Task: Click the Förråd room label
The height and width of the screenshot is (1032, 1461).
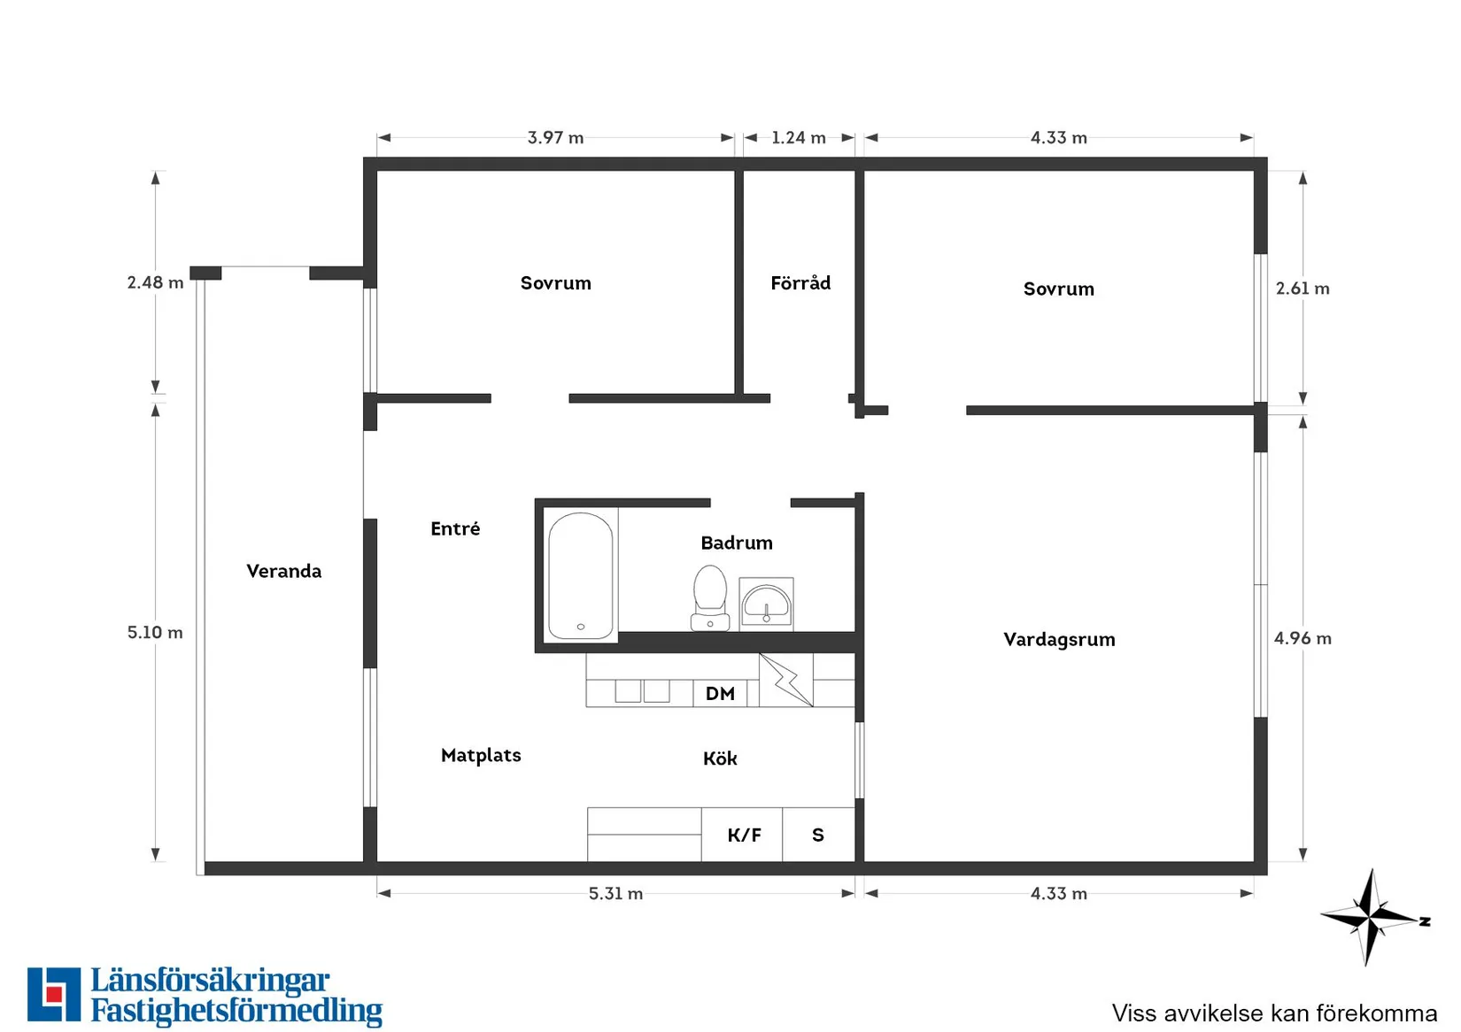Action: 800,283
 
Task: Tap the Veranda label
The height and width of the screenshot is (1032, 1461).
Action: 283,571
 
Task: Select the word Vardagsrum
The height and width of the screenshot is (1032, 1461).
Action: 1059,640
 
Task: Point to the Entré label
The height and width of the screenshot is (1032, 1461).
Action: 455,528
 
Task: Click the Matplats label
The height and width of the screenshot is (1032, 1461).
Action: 481,756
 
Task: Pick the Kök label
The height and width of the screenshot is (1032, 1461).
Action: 720,759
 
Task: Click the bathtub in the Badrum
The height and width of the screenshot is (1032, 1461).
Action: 581,575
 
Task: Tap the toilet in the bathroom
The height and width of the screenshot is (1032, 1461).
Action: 709,597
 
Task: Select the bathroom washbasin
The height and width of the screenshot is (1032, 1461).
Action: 767,604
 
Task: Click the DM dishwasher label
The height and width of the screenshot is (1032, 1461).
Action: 720,694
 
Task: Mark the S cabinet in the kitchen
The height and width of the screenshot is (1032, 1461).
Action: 818,835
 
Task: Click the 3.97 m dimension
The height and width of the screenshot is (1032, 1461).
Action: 555,137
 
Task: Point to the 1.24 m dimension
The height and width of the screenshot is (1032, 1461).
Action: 799,137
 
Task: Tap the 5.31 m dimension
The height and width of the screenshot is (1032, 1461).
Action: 615,893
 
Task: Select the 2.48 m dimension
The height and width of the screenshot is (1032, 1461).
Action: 155,282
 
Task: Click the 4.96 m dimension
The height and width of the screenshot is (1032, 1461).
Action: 1303,638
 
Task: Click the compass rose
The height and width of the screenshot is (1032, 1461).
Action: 1371,917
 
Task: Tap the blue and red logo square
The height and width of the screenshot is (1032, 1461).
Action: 54,994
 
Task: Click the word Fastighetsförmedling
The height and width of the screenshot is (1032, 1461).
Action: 236,1011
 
